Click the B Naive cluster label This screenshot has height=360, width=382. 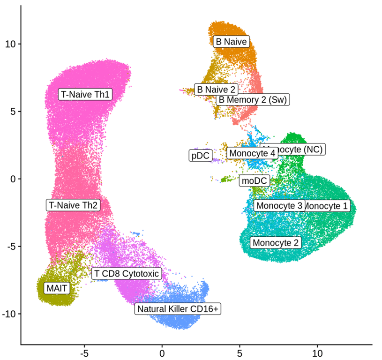pos(231,42)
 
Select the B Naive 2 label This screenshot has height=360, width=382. pos(216,89)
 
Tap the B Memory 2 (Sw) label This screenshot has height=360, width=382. pos(253,99)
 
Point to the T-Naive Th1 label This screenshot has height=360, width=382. pos(85,94)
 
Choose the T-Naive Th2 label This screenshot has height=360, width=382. pos(73,205)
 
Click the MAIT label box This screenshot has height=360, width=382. pos(57,288)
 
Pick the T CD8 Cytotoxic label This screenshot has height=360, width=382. pos(127,273)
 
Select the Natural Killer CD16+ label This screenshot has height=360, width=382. pos(178,309)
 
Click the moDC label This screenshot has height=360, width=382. pos(254,180)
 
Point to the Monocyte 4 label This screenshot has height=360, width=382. pos(252,153)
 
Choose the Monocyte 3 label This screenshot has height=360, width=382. pos(279,205)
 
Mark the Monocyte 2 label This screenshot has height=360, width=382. pos(276,242)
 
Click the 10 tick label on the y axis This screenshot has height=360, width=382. pos(10,44)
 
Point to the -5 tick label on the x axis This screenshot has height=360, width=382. pos(84,351)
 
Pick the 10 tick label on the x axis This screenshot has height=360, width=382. pos(317,351)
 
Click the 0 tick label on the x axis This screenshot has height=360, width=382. pos(162,351)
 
